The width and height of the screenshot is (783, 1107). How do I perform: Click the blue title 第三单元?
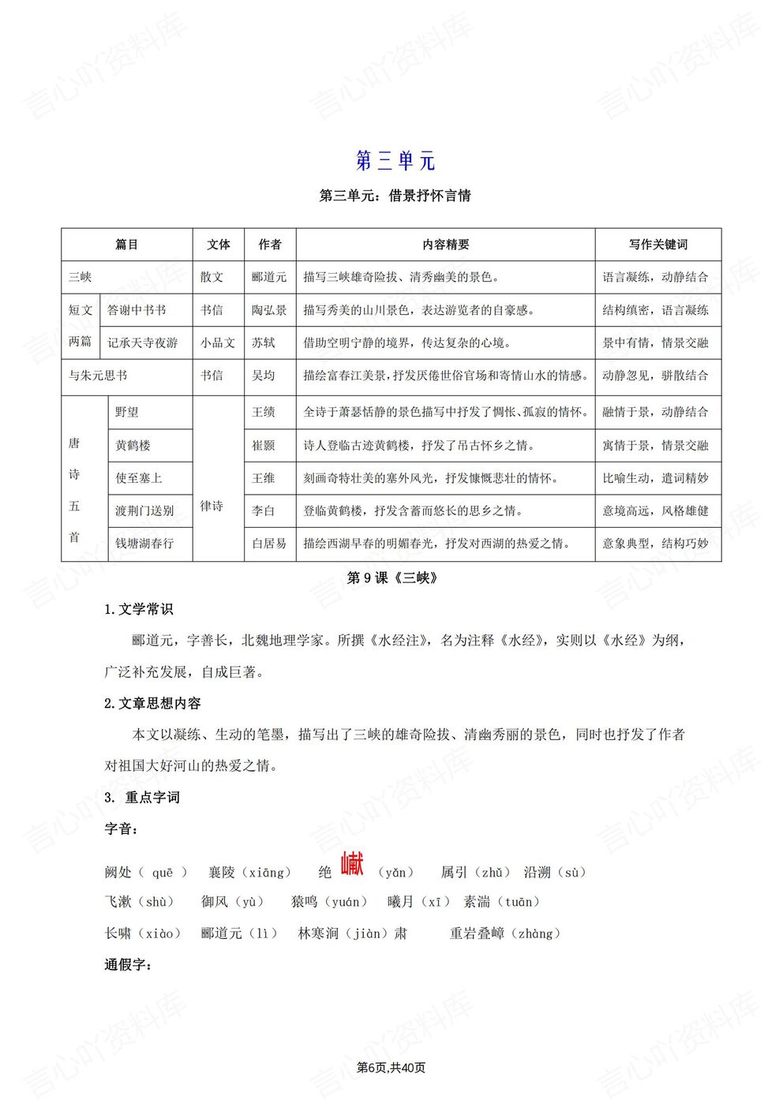click(x=395, y=161)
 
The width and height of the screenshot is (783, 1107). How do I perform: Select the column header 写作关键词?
click(x=657, y=245)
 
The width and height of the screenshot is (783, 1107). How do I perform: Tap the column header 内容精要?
click(x=445, y=245)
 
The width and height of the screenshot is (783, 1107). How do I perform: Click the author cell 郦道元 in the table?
click(x=269, y=277)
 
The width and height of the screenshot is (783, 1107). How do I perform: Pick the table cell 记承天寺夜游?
click(x=143, y=342)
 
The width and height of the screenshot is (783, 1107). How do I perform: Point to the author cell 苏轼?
click(x=264, y=342)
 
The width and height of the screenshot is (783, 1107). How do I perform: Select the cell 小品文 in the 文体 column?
click(x=217, y=342)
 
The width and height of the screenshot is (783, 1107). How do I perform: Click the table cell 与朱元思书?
click(x=98, y=376)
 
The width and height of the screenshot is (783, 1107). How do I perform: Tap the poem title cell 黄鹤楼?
click(x=133, y=446)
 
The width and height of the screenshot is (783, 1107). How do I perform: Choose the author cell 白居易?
click(x=269, y=544)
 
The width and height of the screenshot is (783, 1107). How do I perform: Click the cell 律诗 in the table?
click(x=212, y=506)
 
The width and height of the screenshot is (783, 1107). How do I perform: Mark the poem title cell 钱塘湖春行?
click(x=144, y=544)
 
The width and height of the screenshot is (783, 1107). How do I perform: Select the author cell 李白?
click(x=264, y=511)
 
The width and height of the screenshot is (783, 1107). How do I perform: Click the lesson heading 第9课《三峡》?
click(x=392, y=578)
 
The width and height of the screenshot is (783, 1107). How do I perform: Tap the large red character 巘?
click(x=352, y=865)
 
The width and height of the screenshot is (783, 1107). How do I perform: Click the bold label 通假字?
click(x=128, y=964)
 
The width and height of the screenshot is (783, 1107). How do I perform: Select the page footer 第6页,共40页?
click(x=391, y=1068)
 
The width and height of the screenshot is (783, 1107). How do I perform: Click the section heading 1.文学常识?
click(x=139, y=609)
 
